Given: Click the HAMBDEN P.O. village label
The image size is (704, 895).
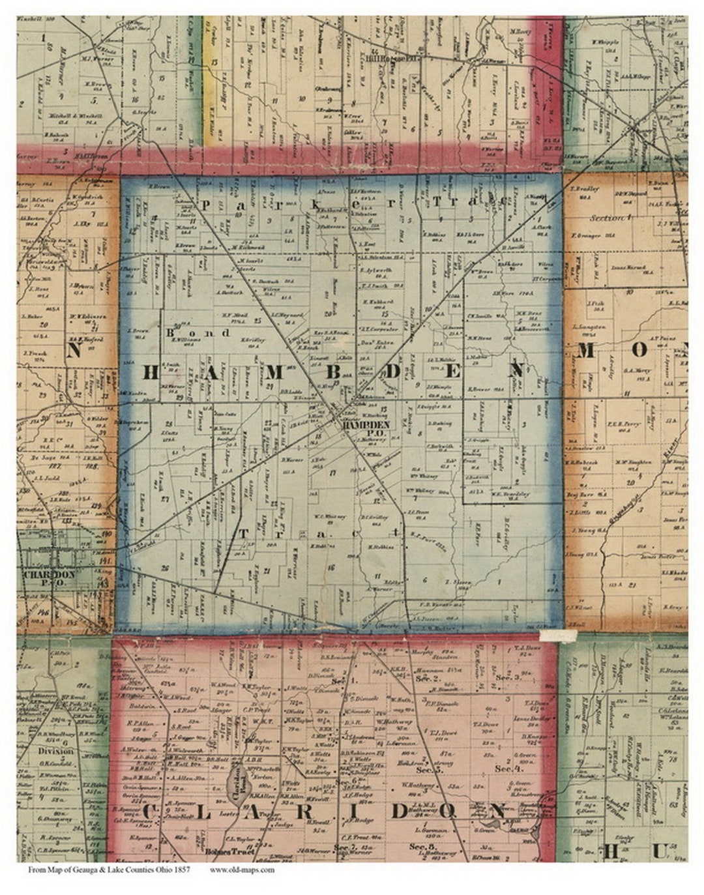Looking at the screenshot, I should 365,424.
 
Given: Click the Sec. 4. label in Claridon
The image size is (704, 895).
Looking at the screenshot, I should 505,769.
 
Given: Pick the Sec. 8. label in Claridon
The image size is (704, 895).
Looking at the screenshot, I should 418,847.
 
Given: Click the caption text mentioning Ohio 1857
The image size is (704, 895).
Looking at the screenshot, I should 109,869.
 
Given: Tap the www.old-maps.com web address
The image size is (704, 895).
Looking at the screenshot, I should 242,869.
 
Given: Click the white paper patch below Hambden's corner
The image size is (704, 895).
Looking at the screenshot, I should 559,634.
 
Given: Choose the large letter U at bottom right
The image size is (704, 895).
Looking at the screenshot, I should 659,851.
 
